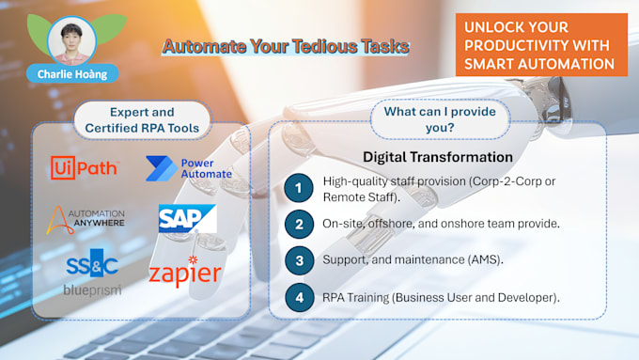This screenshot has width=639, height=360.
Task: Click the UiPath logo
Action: tap(84, 169)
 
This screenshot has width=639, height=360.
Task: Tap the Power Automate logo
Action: tap(188, 168)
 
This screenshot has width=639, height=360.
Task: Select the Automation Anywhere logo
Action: tap(86, 221)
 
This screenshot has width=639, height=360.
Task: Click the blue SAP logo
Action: tap(187, 219)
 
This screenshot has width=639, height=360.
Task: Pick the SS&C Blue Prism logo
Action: tap(93, 274)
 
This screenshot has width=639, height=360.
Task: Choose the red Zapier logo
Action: tap(184, 272)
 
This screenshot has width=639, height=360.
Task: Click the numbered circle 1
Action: tap(299, 187)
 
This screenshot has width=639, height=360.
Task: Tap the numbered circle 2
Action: tap(299, 225)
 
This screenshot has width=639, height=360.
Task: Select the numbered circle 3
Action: tap(299, 260)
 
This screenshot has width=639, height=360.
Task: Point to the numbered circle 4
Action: tap(299, 298)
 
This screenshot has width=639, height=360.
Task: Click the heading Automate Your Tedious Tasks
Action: tap(286, 45)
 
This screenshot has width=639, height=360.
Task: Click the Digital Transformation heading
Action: tap(437, 157)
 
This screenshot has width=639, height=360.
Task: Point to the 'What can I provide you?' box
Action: tap(439, 120)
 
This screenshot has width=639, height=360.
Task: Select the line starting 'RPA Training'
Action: tap(441, 298)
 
